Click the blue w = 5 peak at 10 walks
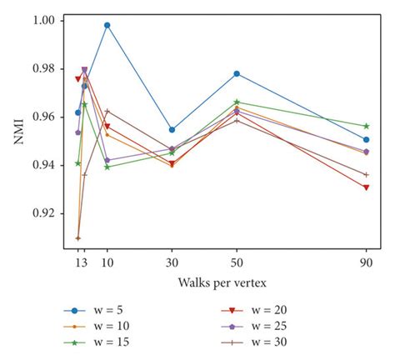tap(107, 25)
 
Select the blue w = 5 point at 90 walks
tap(366, 139)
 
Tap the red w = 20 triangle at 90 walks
tap(366, 187)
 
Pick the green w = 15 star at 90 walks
tap(366, 126)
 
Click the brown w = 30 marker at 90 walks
tap(366, 174)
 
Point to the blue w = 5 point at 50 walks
tap(237, 73)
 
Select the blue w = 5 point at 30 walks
tap(172, 129)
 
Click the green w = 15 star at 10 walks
tap(107, 167)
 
